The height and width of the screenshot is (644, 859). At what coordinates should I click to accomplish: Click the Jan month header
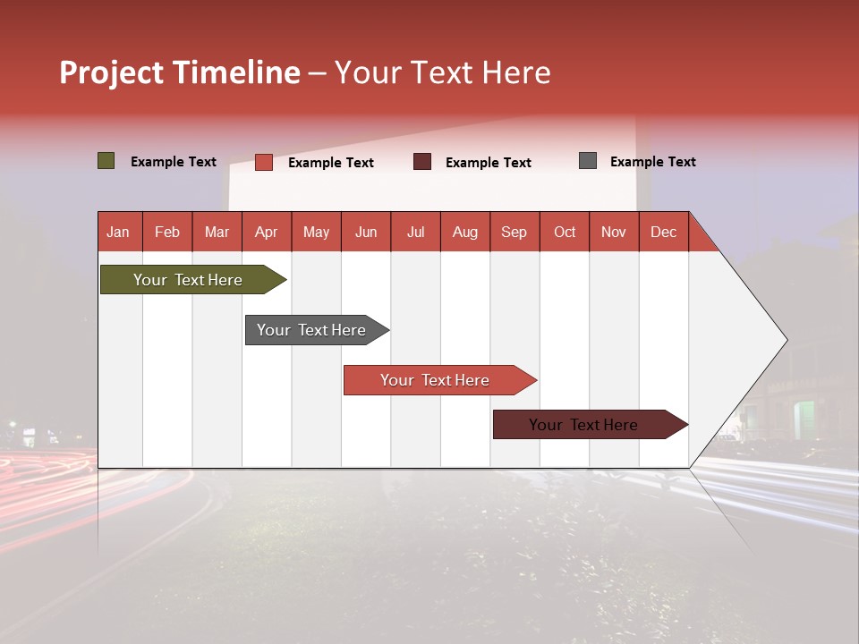[x=118, y=232]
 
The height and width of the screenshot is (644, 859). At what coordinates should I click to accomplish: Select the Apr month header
[x=266, y=232]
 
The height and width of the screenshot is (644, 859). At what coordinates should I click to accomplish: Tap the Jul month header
[x=415, y=232]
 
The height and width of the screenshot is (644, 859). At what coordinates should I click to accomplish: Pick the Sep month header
[x=514, y=232]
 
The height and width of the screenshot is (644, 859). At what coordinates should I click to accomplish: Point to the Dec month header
[x=663, y=232]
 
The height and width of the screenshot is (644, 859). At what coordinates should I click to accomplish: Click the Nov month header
[x=613, y=232]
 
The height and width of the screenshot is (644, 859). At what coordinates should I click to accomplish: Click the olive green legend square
[x=106, y=161]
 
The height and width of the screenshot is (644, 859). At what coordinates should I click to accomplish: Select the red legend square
[x=263, y=162]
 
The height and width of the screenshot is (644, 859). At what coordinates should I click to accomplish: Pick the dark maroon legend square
[x=422, y=162]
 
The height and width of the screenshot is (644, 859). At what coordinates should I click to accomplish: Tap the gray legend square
[x=587, y=161]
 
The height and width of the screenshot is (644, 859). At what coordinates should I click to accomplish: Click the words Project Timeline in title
[x=179, y=72]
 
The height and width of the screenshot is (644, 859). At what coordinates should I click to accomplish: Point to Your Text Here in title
[x=442, y=72]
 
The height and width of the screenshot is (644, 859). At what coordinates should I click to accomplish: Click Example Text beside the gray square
[x=652, y=161]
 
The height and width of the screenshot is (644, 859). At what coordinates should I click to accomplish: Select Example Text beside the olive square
[x=173, y=161]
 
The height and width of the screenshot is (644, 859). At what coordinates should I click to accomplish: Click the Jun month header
[x=365, y=232]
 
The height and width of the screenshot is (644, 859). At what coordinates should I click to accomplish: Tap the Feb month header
[x=166, y=232]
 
